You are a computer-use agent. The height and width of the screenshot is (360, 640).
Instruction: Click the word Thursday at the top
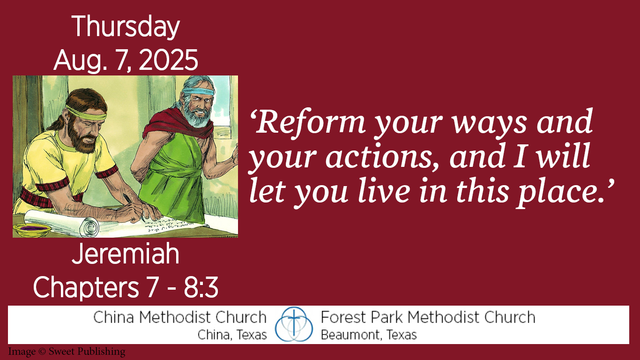click(126, 27)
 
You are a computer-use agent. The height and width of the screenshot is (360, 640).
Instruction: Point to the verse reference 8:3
click(201, 287)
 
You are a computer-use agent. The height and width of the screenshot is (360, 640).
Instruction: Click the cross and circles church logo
click(294, 324)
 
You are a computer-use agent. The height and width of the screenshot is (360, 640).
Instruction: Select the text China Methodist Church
click(180, 317)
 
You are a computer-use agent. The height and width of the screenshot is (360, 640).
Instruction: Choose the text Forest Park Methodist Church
click(428, 317)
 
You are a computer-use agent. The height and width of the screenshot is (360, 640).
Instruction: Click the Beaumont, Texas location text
click(369, 335)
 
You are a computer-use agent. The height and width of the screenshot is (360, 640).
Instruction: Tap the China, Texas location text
click(232, 335)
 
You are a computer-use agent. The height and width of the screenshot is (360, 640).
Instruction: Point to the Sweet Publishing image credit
click(67, 352)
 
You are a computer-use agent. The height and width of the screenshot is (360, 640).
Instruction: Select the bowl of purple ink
click(32, 229)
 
